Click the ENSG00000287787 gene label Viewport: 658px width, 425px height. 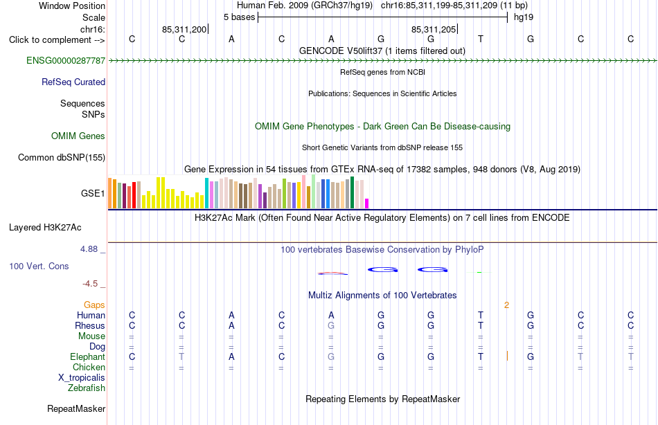[66, 60]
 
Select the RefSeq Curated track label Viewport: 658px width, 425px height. [73, 82]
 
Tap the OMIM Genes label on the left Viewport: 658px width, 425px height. [78, 136]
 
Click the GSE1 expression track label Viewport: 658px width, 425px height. [93, 193]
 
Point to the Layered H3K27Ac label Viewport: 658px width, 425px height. [45, 228]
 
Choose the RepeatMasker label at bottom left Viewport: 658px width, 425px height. [76, 408]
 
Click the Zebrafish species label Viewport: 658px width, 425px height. [87, 388]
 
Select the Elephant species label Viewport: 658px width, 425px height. [88, 356]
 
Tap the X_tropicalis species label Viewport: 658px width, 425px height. [82, 378]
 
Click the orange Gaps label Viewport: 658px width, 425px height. [94, 305]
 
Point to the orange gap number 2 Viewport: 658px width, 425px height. [506, 305]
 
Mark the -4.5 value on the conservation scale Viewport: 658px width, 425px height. [90, 284]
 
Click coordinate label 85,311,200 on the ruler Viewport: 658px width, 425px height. [184, 29]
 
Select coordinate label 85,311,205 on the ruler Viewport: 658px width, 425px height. [434, 29]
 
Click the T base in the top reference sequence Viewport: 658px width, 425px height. [481, 39]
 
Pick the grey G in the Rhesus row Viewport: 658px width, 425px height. [331, 325]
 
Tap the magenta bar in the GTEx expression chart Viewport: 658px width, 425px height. [367, 204]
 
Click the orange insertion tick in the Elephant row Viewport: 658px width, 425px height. [507, 356]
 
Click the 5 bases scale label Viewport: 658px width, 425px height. [239, 17]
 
